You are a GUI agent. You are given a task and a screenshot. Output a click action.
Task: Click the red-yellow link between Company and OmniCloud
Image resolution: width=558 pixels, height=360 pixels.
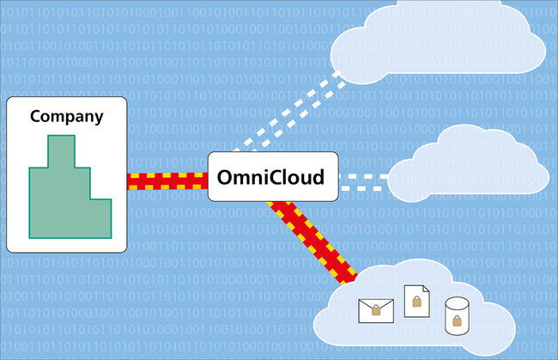(167, 181)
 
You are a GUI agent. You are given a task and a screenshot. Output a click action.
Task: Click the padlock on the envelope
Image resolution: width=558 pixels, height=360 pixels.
(374, 311)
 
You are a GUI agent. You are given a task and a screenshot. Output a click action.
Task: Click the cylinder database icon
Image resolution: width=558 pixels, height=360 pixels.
(456, 316)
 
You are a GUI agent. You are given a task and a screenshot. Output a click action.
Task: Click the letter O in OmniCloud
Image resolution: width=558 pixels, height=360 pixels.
(224, 179)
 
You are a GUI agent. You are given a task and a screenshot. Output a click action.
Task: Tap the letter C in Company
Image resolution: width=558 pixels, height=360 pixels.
(36, 116)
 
